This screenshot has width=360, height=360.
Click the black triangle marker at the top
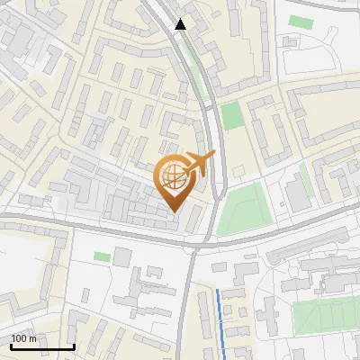click(x=181, y=24)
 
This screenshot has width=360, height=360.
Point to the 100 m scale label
click(x=24, y=338)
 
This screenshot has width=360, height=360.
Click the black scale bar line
click(x=42, y=346)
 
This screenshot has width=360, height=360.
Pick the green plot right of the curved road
click(x=232, y=115)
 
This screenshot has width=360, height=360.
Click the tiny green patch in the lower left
click(x=102, y=257)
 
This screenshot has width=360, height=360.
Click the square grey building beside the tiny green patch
click(x=122, y=257)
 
